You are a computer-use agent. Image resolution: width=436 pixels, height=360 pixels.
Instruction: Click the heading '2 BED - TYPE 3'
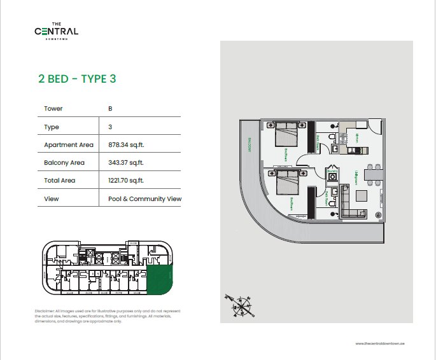77,80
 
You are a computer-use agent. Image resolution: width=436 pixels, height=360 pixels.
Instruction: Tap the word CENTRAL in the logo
57,31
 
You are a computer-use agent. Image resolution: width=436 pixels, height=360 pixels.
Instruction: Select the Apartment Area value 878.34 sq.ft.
126,144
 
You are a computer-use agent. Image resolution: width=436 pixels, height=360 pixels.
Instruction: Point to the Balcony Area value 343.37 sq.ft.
126,162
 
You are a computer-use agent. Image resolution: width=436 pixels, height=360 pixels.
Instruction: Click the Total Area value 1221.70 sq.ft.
127,181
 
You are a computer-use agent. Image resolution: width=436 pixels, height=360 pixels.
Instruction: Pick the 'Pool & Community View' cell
144,198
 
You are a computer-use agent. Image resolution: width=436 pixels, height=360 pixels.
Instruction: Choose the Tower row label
53,109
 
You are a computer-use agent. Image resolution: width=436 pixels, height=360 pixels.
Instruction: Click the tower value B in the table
111,109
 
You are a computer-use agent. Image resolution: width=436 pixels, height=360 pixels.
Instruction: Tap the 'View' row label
51,198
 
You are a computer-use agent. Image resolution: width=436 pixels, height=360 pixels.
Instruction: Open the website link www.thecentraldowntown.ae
381,343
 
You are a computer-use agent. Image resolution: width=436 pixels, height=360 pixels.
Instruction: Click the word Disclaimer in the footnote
45,310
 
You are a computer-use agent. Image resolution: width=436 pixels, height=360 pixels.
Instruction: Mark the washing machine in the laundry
332,177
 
